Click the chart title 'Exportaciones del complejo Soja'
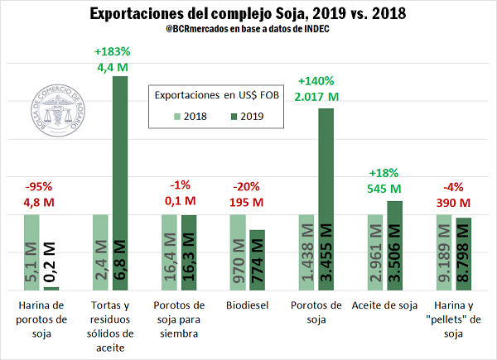tap(248, 14)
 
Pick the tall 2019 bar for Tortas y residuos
tap(121, 182)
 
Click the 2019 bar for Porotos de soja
tap(325, 199)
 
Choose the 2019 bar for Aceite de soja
tap(393, 245)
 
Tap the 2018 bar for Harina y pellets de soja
tap(445, 252)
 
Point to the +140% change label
tap(316, 81)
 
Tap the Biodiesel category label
tap(246, 305)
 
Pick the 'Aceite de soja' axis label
tap(383, 305)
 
